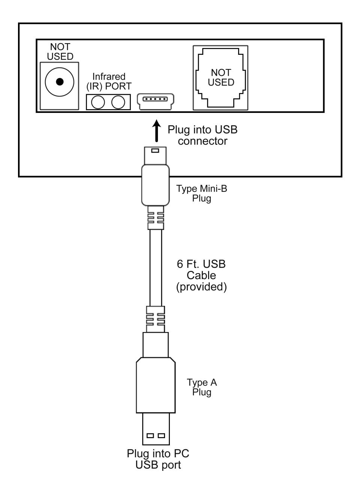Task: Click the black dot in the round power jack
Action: [x=60, y=81]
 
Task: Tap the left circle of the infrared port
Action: [x=98, y=102]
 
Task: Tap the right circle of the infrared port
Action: [x=118, y=102]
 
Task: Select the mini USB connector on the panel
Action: [x=155, y=102]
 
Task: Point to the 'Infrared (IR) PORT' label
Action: [x=109, y=81]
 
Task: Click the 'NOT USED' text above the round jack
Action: [x=60, y=52]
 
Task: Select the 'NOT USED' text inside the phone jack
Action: [x=221, y=77]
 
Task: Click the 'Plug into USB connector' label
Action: [x=202, y=135]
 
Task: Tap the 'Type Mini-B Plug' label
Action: [x=202, y=193]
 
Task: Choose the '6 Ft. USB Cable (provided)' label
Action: [x=201, y=275]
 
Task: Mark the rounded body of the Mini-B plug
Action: [x=155, y=185]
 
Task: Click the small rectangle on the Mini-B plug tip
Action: [x=155, y=150]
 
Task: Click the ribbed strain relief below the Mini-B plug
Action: [x=156, y=218]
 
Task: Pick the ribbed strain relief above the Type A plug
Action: [x=155, y=319]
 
